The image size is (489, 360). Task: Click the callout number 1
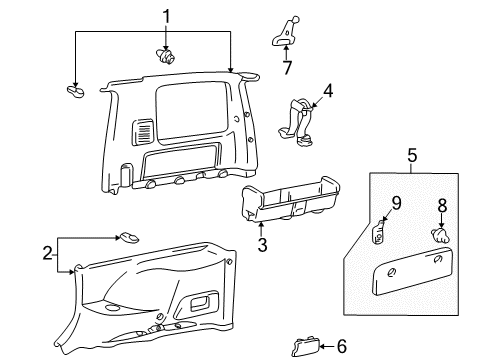(166, 17)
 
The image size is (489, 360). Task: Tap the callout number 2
(47, 253)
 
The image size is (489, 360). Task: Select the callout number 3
(262, 245)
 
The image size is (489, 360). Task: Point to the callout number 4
(328, 91)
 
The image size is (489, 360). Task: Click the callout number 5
(412, 156)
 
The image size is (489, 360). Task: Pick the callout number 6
(342, 346)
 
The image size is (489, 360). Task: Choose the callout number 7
(287, 68)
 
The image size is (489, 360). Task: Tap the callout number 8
(442, 206)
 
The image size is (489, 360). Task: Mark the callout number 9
(396, 203)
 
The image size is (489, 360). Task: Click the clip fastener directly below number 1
(165, 57)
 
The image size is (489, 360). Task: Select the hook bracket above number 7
(285, 32)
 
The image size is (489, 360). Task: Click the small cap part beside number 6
(305, 347)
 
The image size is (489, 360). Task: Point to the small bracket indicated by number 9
(378, 232)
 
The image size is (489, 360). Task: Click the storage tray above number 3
(290, 200)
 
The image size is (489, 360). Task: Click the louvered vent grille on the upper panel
(144, 132)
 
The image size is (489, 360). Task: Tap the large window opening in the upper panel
(192, 112)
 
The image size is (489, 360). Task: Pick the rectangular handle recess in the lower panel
(199, 302)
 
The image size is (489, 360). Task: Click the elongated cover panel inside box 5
(412, 271)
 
